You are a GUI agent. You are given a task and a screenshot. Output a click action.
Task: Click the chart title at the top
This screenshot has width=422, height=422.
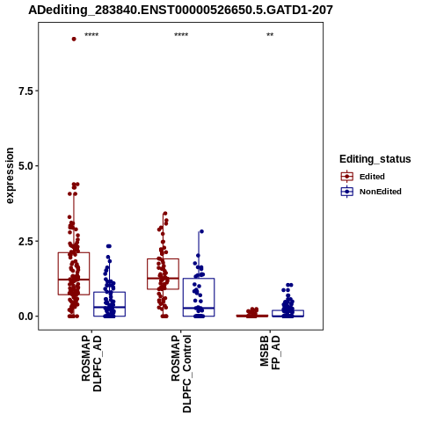coord(180,11)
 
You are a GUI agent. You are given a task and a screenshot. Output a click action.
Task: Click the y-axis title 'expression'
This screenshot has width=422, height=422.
coord(10,176)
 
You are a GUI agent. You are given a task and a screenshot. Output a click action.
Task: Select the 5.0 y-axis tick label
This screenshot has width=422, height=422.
coord(26,166)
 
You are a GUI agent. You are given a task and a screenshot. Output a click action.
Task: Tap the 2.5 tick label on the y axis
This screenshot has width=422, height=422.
coord(26,241)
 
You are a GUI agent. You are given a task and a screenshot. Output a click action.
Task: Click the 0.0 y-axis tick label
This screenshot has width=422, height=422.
coord(26,316)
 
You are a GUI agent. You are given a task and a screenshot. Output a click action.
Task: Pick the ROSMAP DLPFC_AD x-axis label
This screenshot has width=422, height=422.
coord(91,364)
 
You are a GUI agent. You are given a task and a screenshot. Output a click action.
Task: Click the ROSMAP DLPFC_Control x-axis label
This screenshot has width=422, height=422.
coord(181,374)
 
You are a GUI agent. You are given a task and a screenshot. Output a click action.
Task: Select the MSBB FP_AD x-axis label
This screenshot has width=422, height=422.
coord(270,353)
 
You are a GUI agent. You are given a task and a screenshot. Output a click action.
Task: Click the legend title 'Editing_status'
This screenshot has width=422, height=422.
coord(375,159)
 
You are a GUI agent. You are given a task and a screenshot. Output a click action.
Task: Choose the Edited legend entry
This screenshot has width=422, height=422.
coord(363,177)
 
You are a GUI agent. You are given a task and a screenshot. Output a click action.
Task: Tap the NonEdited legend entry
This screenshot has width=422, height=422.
coord(371,192)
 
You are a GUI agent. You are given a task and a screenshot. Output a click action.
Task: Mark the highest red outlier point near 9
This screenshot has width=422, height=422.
coord(74,39)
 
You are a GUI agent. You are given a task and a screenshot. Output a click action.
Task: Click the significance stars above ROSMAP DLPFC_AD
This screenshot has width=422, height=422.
coord(91,35)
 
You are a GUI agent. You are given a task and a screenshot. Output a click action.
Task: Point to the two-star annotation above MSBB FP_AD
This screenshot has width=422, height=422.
coord(270,35)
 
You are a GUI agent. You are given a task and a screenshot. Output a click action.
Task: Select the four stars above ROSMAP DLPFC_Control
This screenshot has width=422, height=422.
coord(181,35)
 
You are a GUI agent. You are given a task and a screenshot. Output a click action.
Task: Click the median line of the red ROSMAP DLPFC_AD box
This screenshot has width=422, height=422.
coord(74,280)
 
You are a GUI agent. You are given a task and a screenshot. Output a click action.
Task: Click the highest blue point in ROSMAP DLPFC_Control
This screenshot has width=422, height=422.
coord(201,231)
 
